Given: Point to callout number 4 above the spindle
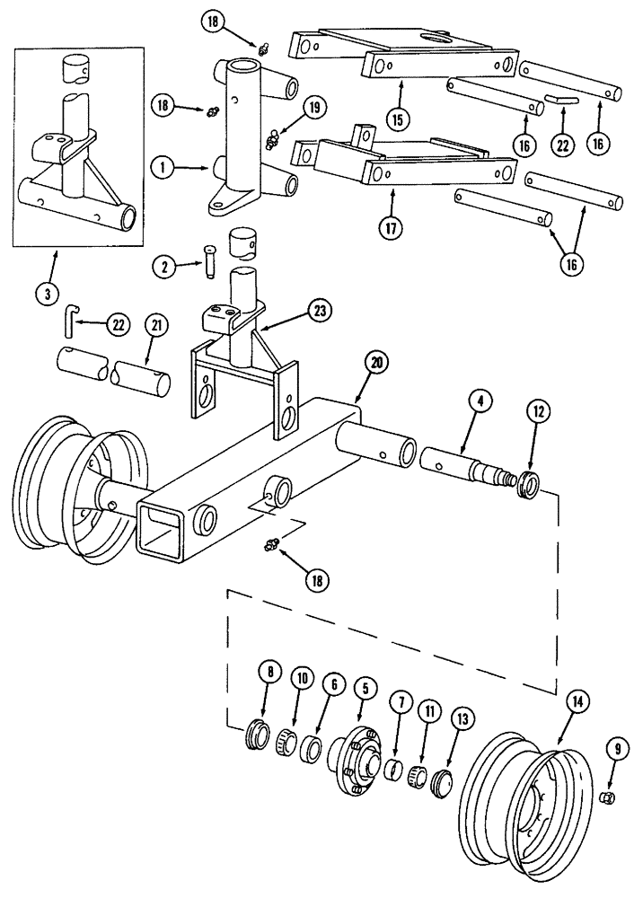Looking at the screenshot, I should (481, 404).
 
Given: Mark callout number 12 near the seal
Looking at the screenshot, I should (537, 411).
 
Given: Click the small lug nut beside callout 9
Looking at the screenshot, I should (607, 797).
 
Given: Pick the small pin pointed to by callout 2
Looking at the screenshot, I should (209, 260).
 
